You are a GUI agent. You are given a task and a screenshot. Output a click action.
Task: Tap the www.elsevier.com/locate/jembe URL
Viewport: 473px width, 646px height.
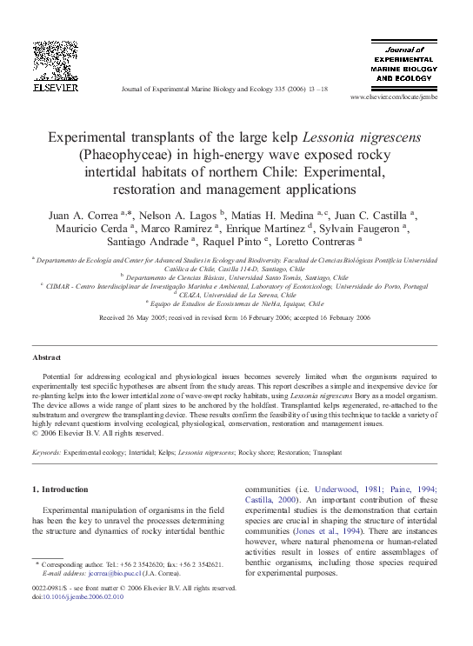(393, 97)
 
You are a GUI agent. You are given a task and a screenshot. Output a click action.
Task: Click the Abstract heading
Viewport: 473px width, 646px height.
(46, 357)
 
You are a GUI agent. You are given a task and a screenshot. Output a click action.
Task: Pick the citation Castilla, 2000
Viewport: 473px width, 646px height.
(271, 501)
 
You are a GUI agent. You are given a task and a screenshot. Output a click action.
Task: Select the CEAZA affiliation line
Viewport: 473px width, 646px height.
(236, 294)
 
